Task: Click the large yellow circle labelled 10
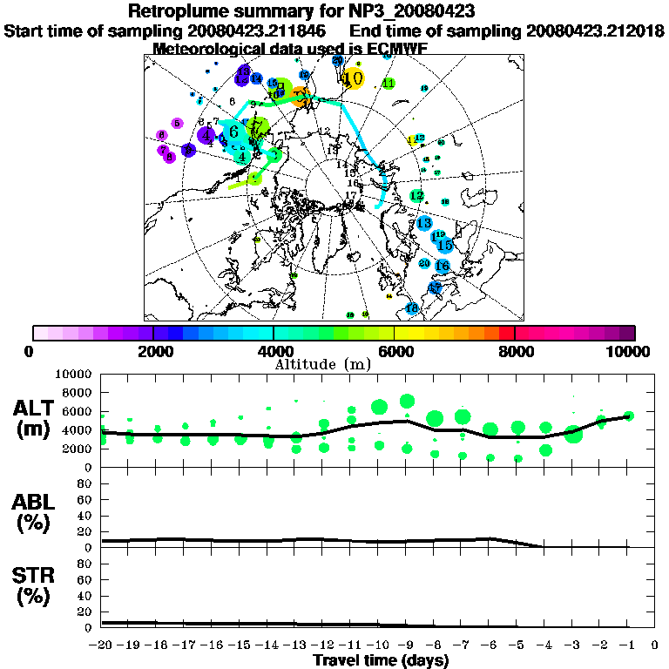353,78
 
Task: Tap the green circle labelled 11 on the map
389,84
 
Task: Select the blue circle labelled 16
442,266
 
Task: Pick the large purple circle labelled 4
206,135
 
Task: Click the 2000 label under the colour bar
153,351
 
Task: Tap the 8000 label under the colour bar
514,351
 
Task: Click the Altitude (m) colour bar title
322,363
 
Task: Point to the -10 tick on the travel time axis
379,645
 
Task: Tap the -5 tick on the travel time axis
517,645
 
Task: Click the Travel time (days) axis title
381,660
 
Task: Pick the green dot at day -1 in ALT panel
629,416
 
